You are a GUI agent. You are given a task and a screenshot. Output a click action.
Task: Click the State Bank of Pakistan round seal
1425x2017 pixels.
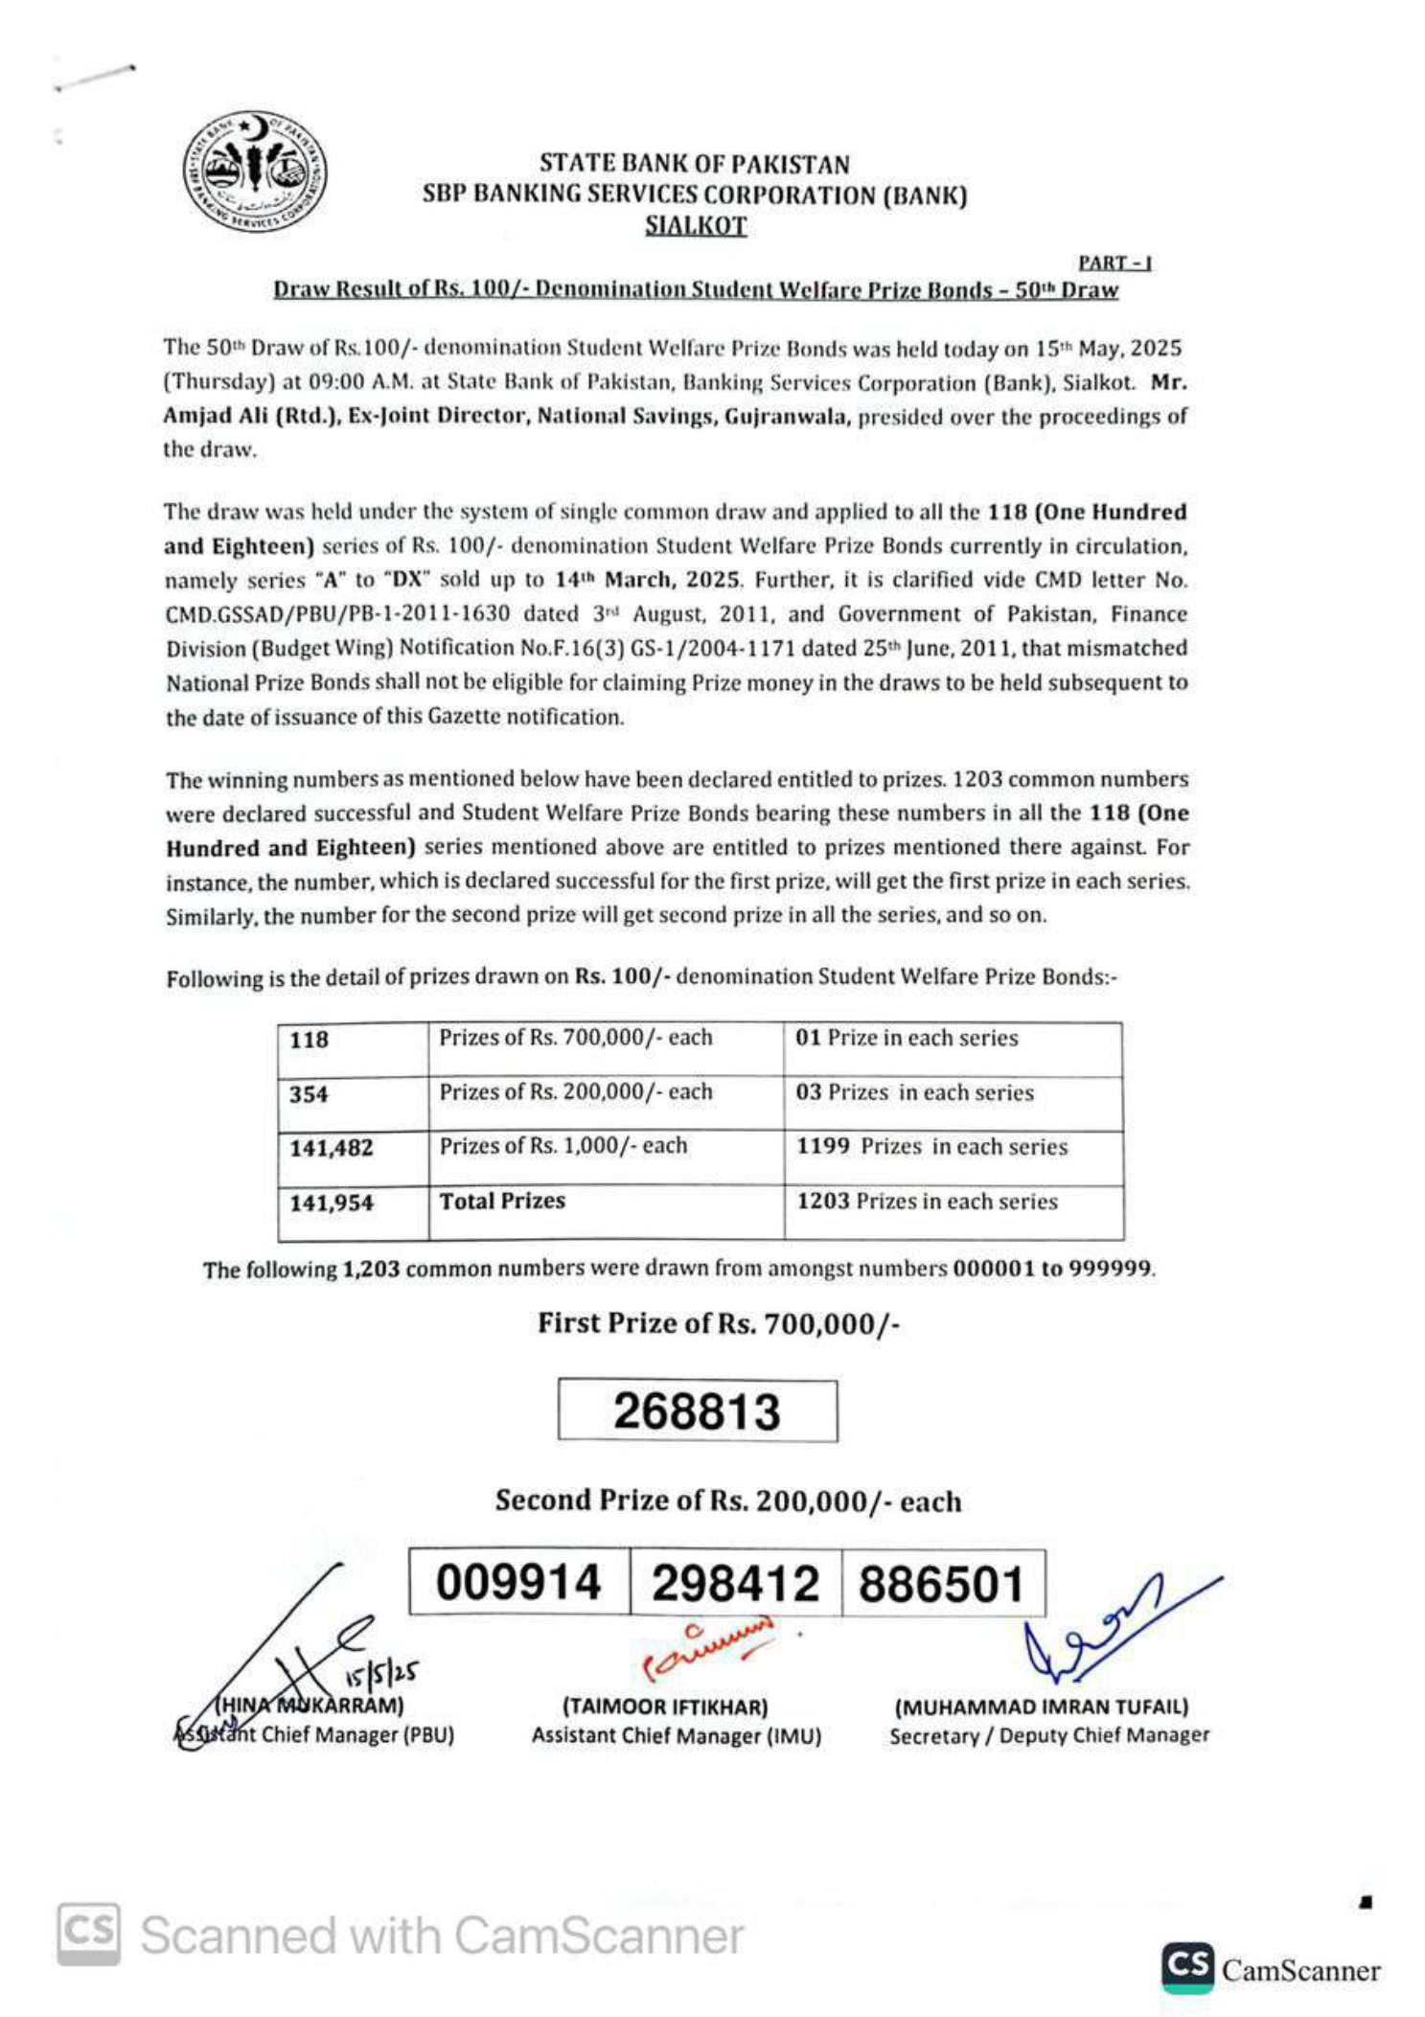(254, 172)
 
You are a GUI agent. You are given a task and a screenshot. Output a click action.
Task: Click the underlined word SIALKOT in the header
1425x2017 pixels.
(695, 226)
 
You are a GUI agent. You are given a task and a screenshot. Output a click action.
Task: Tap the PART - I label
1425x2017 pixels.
(1115, 263)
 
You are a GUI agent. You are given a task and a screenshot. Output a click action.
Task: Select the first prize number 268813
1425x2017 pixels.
(697, 1410)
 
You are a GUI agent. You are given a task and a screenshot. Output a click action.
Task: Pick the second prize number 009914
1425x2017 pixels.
(518, 1582)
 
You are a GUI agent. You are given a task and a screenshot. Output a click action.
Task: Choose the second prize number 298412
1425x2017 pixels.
(735, 1583)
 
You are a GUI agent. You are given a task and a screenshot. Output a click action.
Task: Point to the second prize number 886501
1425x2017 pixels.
(941, 1583)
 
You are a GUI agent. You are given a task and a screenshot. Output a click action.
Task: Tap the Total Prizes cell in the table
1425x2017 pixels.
(502, 1202)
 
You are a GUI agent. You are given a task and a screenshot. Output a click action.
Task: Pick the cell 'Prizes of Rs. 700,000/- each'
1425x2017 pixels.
(576, 1038)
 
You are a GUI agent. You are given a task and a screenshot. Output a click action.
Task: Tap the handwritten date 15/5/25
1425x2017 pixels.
(380, 1673)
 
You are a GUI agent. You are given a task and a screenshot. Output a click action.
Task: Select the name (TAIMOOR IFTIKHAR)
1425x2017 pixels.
(665, 1707)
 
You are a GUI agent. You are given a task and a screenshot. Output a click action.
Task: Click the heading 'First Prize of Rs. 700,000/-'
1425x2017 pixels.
(718, 1323)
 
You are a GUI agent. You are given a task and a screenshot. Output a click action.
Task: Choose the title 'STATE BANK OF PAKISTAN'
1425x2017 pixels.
(694, 164)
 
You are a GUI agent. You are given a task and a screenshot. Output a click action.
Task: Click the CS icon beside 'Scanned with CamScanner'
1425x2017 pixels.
(88, 1935)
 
